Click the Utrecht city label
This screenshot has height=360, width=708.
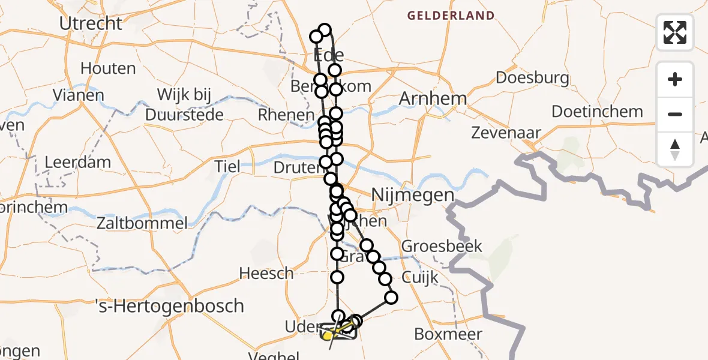point(91,23)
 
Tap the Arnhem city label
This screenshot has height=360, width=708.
point(433,99)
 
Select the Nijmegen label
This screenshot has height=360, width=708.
point(412,195)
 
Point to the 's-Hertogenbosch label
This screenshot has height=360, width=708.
point(170,305)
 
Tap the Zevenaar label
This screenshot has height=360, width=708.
point(506,133)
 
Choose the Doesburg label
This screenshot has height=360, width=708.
point(532,78)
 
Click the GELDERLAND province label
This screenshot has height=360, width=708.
point(451,16)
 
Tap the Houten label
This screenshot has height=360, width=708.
point(108,69)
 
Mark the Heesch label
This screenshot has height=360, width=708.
point(266,274)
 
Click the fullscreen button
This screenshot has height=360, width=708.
point(675,32)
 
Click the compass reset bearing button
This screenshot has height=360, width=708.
point(675,149)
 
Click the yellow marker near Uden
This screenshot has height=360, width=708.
point(328,337)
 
